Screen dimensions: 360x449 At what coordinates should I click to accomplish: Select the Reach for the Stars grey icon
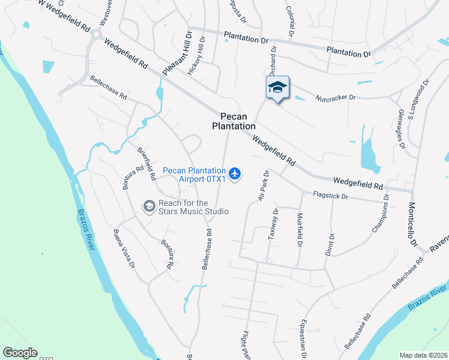pos(149,206)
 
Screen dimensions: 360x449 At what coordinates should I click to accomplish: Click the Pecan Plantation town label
pos(234,121)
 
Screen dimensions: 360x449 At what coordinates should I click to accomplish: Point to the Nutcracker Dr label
pos(336,96)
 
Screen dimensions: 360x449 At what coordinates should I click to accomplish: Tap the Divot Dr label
pos(330,244)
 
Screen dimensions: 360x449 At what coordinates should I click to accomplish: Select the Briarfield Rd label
pos(147,164)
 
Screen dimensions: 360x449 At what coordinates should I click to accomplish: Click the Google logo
pos(20,353)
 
